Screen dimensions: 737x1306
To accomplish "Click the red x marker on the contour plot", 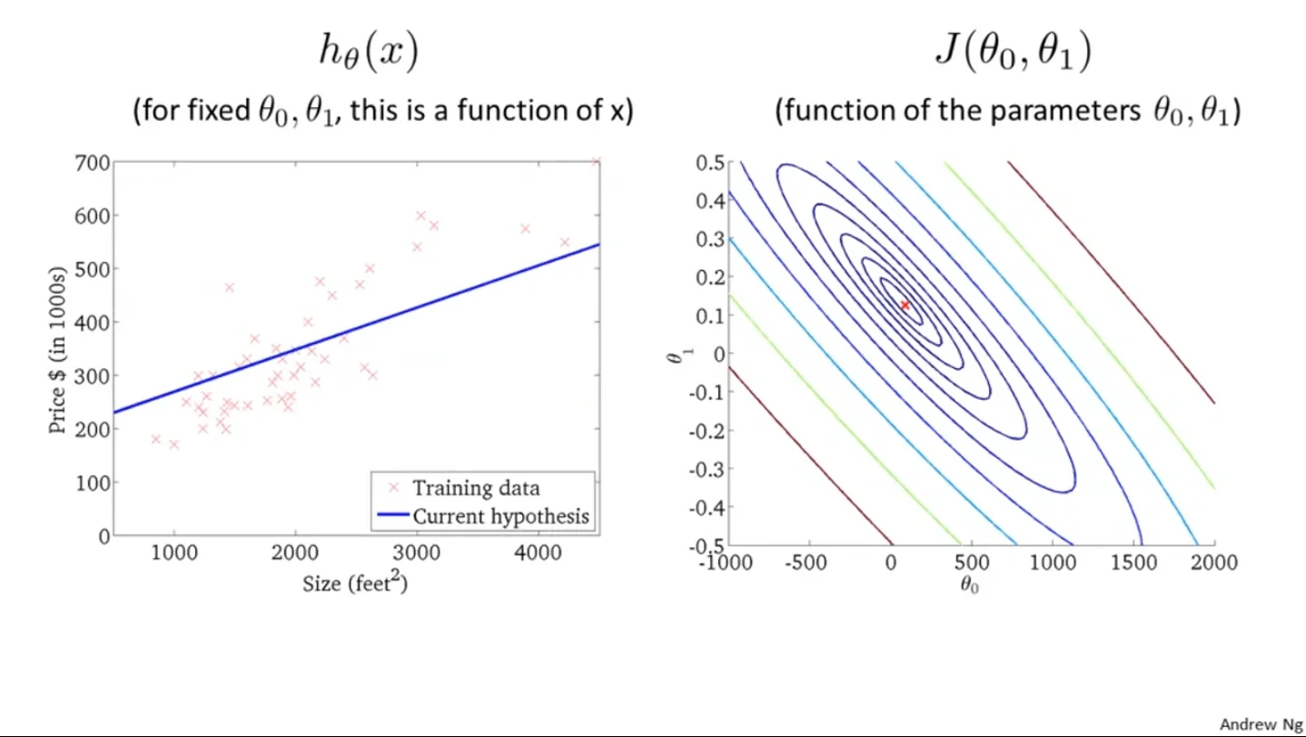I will (x=905, y=305).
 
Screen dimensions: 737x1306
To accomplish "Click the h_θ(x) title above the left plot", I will (x=368, y=54).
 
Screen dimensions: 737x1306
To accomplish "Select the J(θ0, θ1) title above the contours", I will (x=1013, y=54).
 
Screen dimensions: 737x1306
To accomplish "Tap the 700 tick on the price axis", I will (x=92, y=164).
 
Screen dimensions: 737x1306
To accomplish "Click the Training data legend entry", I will (x=475, y=488).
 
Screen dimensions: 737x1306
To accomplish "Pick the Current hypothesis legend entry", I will (x=500, y=516).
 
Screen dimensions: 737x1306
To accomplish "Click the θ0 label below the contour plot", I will (x=970, y=586).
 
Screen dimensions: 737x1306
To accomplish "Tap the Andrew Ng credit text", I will (x=1260, y=724).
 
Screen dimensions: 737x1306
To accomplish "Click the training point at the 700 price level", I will (x=596, y=163).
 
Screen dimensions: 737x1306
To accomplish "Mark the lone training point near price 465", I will (x=229, y=287).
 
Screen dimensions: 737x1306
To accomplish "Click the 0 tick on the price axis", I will (x=102, y=535).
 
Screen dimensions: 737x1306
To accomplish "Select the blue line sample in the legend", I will (x=391, y=516).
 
